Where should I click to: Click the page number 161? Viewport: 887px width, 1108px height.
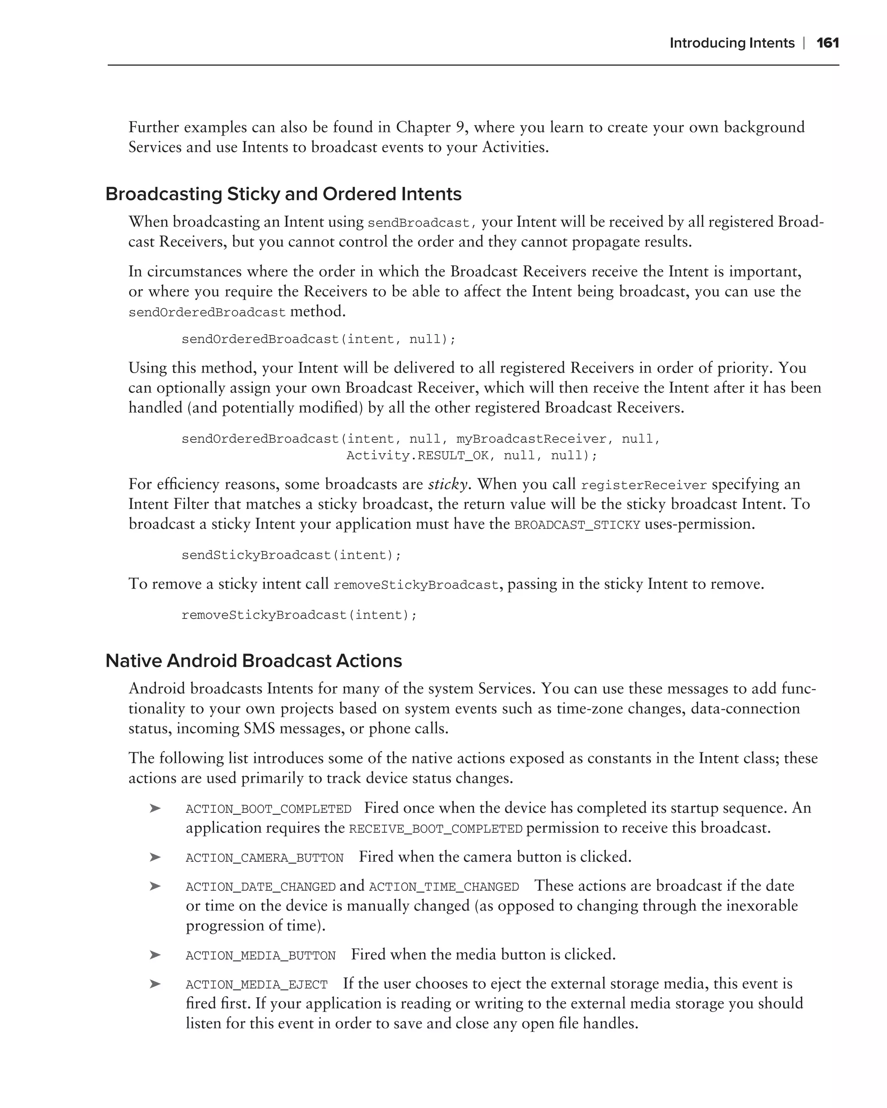click(x=827, y=43)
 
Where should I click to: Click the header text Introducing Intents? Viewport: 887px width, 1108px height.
click(x=732, y=43)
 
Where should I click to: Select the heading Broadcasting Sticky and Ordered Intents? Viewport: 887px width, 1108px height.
click(x=283, y=194)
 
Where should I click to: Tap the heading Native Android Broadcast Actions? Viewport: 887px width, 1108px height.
click(x=253, y=660)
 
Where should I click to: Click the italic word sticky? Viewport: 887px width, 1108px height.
click(x=447, y=484)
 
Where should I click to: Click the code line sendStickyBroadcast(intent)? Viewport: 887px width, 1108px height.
click(x=291, y=555)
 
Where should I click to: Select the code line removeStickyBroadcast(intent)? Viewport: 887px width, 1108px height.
click(x=299, y=615)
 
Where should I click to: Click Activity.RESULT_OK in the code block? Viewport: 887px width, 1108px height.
click(x=417, y=455)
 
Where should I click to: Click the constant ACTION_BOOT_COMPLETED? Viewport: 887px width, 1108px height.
click(x=269, y=809)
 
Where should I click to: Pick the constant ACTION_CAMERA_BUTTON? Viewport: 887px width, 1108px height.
click(x=264, y=858)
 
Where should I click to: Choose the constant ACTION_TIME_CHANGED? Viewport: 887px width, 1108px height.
click(x=444, y=886)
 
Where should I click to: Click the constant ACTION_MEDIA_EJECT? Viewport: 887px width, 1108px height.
click(x=256, y=984)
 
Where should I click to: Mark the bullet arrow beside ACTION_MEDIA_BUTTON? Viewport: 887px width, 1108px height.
click(x=155, y=955)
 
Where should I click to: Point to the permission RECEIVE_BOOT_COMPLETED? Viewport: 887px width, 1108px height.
click(x=436, y=829)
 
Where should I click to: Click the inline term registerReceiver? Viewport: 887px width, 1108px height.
click(x=644, y=486)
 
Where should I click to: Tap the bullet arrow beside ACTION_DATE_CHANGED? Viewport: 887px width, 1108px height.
click(x=155, y=886)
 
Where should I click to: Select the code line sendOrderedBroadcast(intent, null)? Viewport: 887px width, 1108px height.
click(x=318, y=339)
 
